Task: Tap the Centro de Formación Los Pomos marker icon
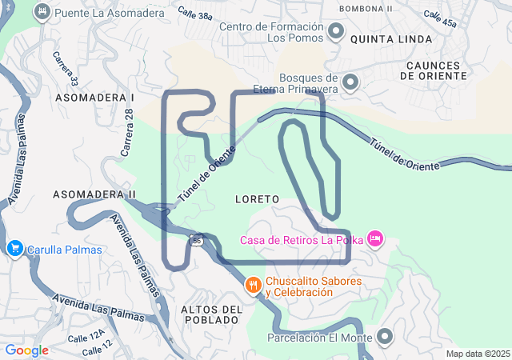[x=336, y=32]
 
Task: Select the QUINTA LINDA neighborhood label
[x=391, y=38]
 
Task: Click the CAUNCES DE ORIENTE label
[x=436, y=70]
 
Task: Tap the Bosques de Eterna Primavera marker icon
[x=349, y=82]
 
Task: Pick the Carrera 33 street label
[x=63, y=70]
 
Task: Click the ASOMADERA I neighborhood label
[x=94, y=96]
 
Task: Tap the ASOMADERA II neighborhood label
[x=94, y=194]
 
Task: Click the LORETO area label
[x=257, y=198]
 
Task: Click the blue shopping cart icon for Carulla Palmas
[x=14, y=249]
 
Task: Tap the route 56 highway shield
[x=196, y=239]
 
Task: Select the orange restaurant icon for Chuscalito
[x=254, y=286]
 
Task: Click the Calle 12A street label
[x=86, y=336]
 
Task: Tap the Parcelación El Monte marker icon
[x=385, y=337]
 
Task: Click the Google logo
[x=26, y=350]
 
